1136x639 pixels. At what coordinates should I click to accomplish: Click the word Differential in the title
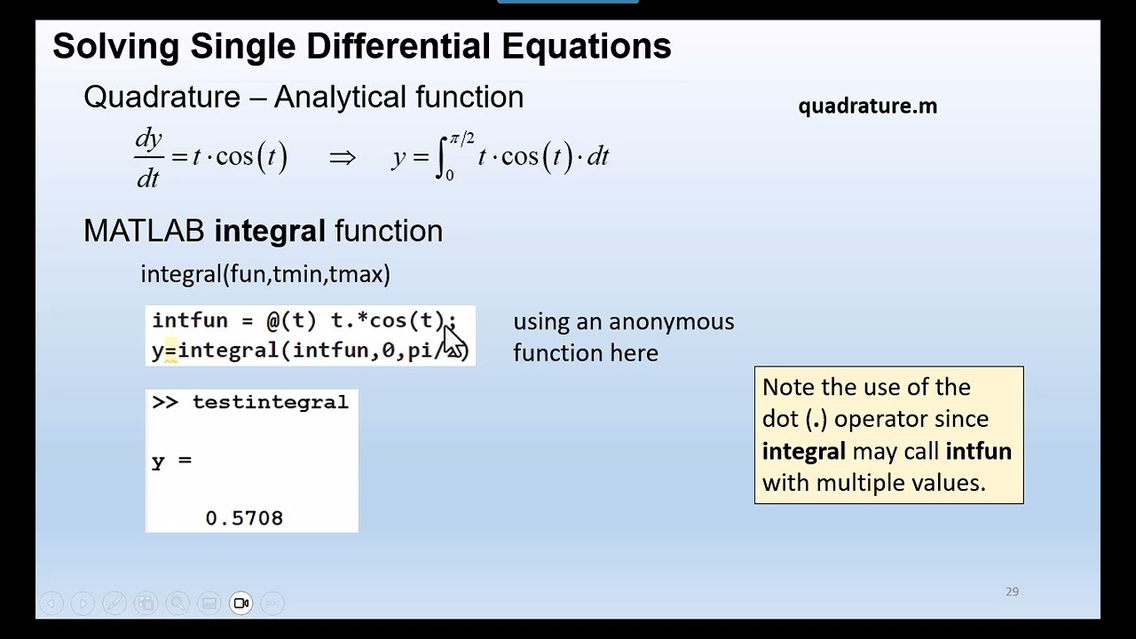[398, 46]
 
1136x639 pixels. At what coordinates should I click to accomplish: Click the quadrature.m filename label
[867, 106]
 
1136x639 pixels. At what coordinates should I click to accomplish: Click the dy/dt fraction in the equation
[148, 158]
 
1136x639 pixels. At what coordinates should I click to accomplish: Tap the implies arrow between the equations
[342, 158]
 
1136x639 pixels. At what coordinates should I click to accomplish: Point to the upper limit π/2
[461, 138]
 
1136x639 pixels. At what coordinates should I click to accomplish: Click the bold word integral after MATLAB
[270, 232]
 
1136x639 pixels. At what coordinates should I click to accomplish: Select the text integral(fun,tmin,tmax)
[265, 274]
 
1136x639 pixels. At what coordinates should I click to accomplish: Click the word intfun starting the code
[190, 320]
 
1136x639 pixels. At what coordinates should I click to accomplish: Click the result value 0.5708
[244, 518]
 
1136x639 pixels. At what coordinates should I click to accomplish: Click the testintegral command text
[270, 402]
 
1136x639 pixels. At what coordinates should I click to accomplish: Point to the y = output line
[171, 461]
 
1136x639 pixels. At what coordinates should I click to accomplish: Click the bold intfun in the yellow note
[978, 451]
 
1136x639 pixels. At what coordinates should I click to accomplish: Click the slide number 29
[1012, 591]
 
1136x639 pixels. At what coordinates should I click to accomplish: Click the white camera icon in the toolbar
[241, 603]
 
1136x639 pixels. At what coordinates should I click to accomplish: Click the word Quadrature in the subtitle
[162, 98]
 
